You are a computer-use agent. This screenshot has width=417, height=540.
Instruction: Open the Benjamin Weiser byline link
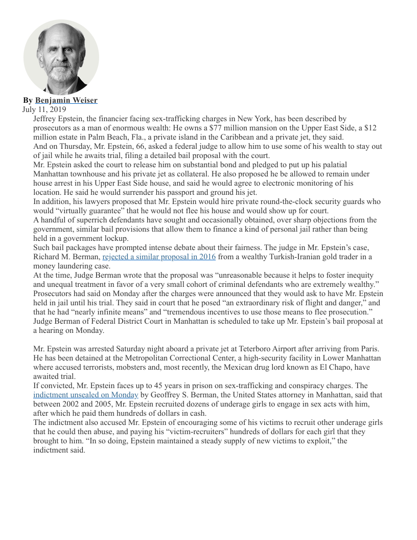[x=66, y=100]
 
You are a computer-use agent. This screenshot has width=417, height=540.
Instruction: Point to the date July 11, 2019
[x=44, y=109]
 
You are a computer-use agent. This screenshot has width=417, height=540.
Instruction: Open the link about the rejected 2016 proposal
[x=159, y=257]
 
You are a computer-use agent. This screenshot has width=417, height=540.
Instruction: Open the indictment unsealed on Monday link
[x=86, y=395]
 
